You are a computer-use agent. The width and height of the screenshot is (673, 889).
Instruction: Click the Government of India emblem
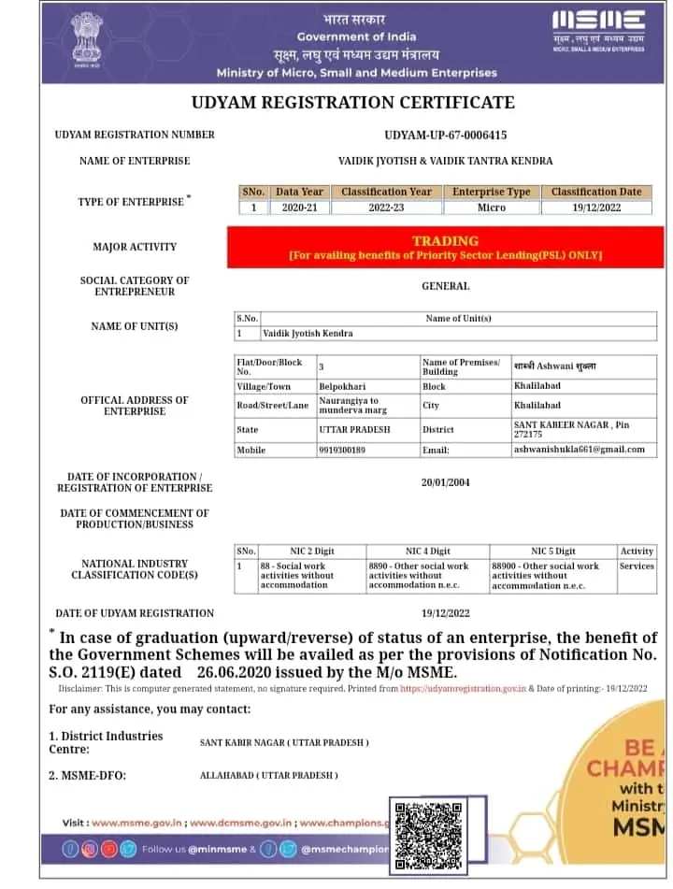coord(90,42)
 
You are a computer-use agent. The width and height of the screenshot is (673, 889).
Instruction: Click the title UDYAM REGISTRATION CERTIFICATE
coord(352,102)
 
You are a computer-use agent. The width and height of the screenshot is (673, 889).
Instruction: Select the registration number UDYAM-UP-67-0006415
coord(445,135)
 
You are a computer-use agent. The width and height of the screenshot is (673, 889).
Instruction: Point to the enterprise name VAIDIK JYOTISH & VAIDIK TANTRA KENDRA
coord(445,161)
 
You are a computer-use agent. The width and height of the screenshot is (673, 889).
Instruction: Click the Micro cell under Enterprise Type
coord(491,208)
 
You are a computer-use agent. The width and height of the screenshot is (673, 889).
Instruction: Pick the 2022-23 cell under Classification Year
coord(386,208)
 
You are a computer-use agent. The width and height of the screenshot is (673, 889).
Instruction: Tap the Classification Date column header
coord(596,192)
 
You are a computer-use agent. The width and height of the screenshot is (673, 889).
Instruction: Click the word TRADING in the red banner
coord(445,241)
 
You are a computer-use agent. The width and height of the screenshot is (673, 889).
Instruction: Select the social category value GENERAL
coord(445,286)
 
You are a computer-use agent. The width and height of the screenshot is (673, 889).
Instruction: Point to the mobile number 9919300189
coord(341,450)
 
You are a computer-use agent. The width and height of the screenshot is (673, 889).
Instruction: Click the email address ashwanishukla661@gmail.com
coord(579,450)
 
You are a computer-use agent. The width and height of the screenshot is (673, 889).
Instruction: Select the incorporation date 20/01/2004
coord(445,482)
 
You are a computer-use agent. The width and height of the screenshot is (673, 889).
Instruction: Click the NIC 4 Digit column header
coord(427,552)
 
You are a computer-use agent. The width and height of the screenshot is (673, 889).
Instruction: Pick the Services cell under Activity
coord(637,566)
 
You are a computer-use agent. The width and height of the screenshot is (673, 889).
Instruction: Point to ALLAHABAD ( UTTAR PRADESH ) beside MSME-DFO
coord(269,776)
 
